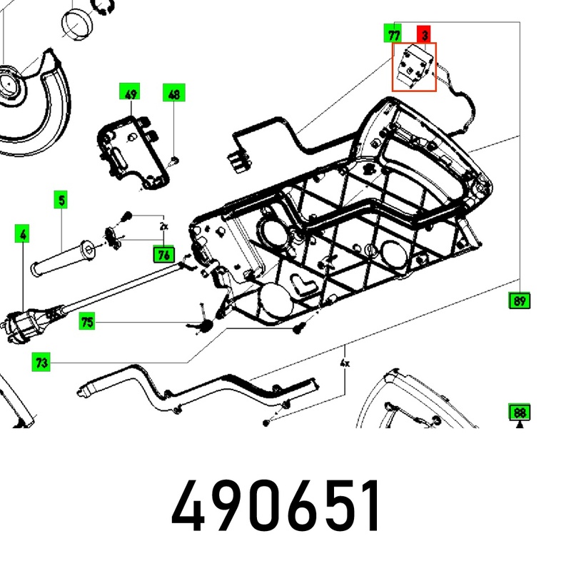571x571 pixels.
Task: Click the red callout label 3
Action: (x=423, y=34)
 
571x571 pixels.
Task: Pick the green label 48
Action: (x=174, y=93)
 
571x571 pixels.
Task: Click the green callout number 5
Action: (x=61, y=200)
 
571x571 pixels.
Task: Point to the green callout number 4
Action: (x=22, y=233)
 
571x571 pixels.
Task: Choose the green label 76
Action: (x=164, y=254)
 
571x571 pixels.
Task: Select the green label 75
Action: (x=87, y=321)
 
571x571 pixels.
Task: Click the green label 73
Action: (x=41, y=362)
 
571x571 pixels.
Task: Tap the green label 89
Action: (x=519, y=300)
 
